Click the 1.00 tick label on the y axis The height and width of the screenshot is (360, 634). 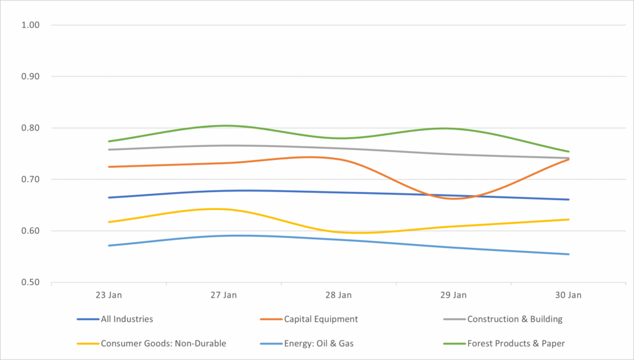[x=31, y=25]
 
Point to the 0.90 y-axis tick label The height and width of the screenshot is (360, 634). [x=31, y=77]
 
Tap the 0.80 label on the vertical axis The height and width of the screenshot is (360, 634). [x=31, y=128]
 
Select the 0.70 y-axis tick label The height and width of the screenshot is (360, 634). [x=31, y=180]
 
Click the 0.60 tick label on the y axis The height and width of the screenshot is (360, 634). [x=31, y=231]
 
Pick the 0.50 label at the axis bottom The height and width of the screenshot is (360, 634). [x=31, y=283]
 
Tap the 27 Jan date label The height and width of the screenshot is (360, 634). [x=224, y=295]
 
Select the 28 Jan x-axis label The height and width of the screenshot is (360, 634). [x=339, y=295]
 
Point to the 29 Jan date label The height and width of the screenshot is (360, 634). [x=454, y=295]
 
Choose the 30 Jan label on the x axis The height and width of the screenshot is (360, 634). [x=568, y=295]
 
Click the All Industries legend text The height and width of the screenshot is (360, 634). [x=127, y=320]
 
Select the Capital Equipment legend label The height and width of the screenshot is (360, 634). [x=321, y=320]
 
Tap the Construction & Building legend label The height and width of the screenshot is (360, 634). [x=515, y=320]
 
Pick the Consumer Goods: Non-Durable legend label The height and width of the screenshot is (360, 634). [x=163, y=343]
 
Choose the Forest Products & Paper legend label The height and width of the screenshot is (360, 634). [x=516, y=343]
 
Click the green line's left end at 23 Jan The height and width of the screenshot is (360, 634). [x=109, y=141]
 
